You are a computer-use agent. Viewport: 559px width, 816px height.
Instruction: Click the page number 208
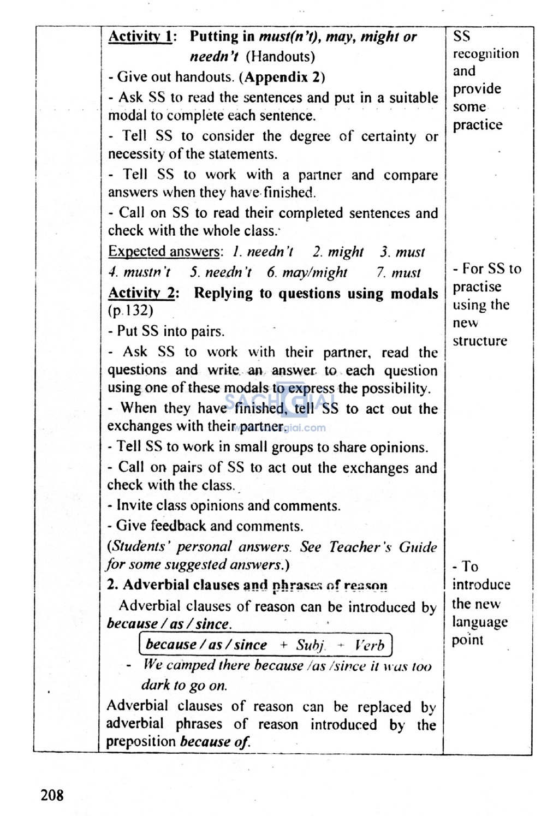point(52,795)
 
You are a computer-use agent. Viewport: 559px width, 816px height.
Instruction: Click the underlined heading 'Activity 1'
point(140,37)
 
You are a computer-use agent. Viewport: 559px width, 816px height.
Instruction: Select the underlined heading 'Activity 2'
point(141,293)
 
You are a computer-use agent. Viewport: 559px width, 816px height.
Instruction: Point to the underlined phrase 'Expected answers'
point(164,252)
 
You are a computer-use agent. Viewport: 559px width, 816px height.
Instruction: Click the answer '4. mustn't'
point(139,272)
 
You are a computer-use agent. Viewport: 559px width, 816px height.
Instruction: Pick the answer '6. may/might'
point(307,272)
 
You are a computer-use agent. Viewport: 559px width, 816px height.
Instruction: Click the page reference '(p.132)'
point(130,311)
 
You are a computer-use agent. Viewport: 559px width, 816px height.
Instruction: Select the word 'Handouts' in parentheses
point(280,57)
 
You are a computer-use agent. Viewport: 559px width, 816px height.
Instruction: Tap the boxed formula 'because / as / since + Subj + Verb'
point(265,645)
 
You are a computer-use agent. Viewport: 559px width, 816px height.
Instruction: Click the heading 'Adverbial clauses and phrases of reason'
point(247,585)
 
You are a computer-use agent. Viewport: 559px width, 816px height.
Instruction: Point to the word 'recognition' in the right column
point(486,54)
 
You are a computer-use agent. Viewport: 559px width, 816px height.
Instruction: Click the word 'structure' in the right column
point(480,341)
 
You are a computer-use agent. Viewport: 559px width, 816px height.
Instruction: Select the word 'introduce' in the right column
point(481,585)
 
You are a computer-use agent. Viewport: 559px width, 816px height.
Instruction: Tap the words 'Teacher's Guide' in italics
point(383,547)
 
